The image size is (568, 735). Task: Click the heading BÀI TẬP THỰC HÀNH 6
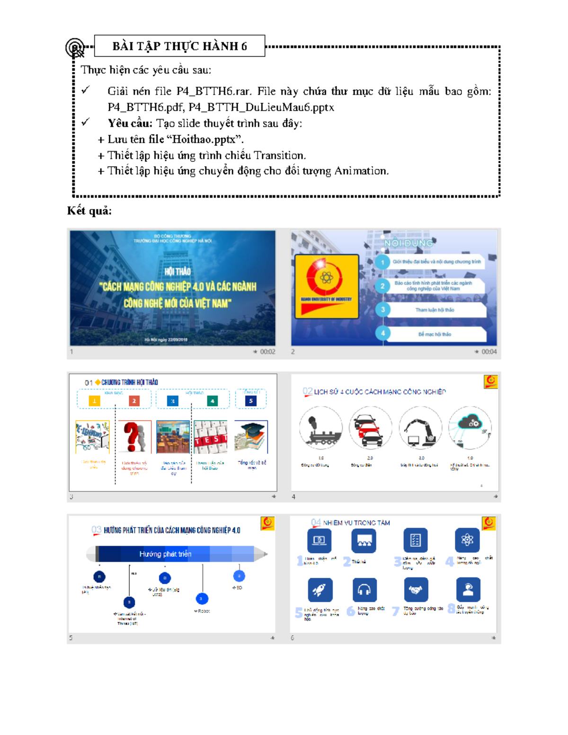tap(179, 46)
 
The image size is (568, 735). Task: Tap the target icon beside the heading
tap(75, 47)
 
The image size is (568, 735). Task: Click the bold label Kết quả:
tap(89, 211)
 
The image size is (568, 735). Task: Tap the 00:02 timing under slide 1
tap(267, 352)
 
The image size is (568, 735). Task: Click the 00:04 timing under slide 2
tap(488, 352)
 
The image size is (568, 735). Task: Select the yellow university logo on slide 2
tap(326, 286)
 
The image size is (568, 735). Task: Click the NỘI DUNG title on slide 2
tap(408, 243)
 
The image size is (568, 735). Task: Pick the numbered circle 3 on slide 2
tap(382, 310)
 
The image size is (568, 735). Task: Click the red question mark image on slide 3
tap(134, 437)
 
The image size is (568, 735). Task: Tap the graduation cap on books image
tap(251, 437)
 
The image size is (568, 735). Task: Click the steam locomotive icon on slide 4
tap(320, 428)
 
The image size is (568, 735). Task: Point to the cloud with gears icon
tap(470, 426)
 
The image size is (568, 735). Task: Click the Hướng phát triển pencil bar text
tap(165, 554)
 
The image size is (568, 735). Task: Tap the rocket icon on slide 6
tap(320, 590)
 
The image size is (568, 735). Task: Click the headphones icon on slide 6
tap(364, 590)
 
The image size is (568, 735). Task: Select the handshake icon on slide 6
tap(416, 590)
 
